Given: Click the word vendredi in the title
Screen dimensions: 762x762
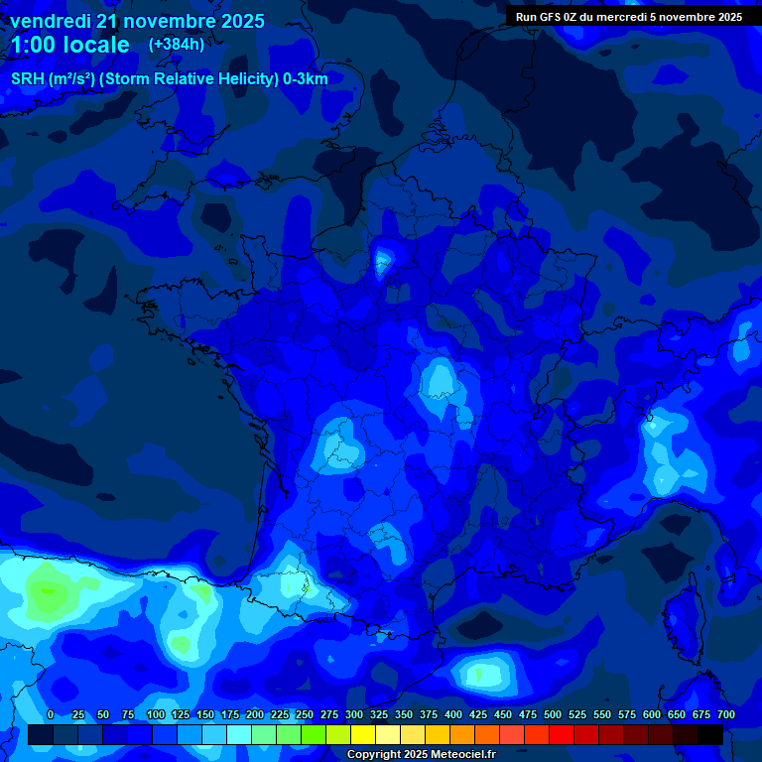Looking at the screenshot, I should (51, 21).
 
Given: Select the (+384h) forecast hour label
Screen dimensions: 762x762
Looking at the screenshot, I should (177, 45).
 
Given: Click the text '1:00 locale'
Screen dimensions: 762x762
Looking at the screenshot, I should (69, 45).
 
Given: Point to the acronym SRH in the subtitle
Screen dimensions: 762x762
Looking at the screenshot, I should (28, 79).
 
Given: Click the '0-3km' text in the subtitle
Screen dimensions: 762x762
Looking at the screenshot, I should (306, 79).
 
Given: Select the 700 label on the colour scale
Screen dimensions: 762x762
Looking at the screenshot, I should (725, 714).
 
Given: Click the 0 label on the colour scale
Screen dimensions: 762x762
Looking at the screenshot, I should (51, 714).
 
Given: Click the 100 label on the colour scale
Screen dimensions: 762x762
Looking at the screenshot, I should (156, 714).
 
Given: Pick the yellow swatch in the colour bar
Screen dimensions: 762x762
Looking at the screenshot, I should (363, 734).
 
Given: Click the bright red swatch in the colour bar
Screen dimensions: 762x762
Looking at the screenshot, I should (562, 734).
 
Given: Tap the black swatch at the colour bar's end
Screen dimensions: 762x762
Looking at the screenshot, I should (710, 734).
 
